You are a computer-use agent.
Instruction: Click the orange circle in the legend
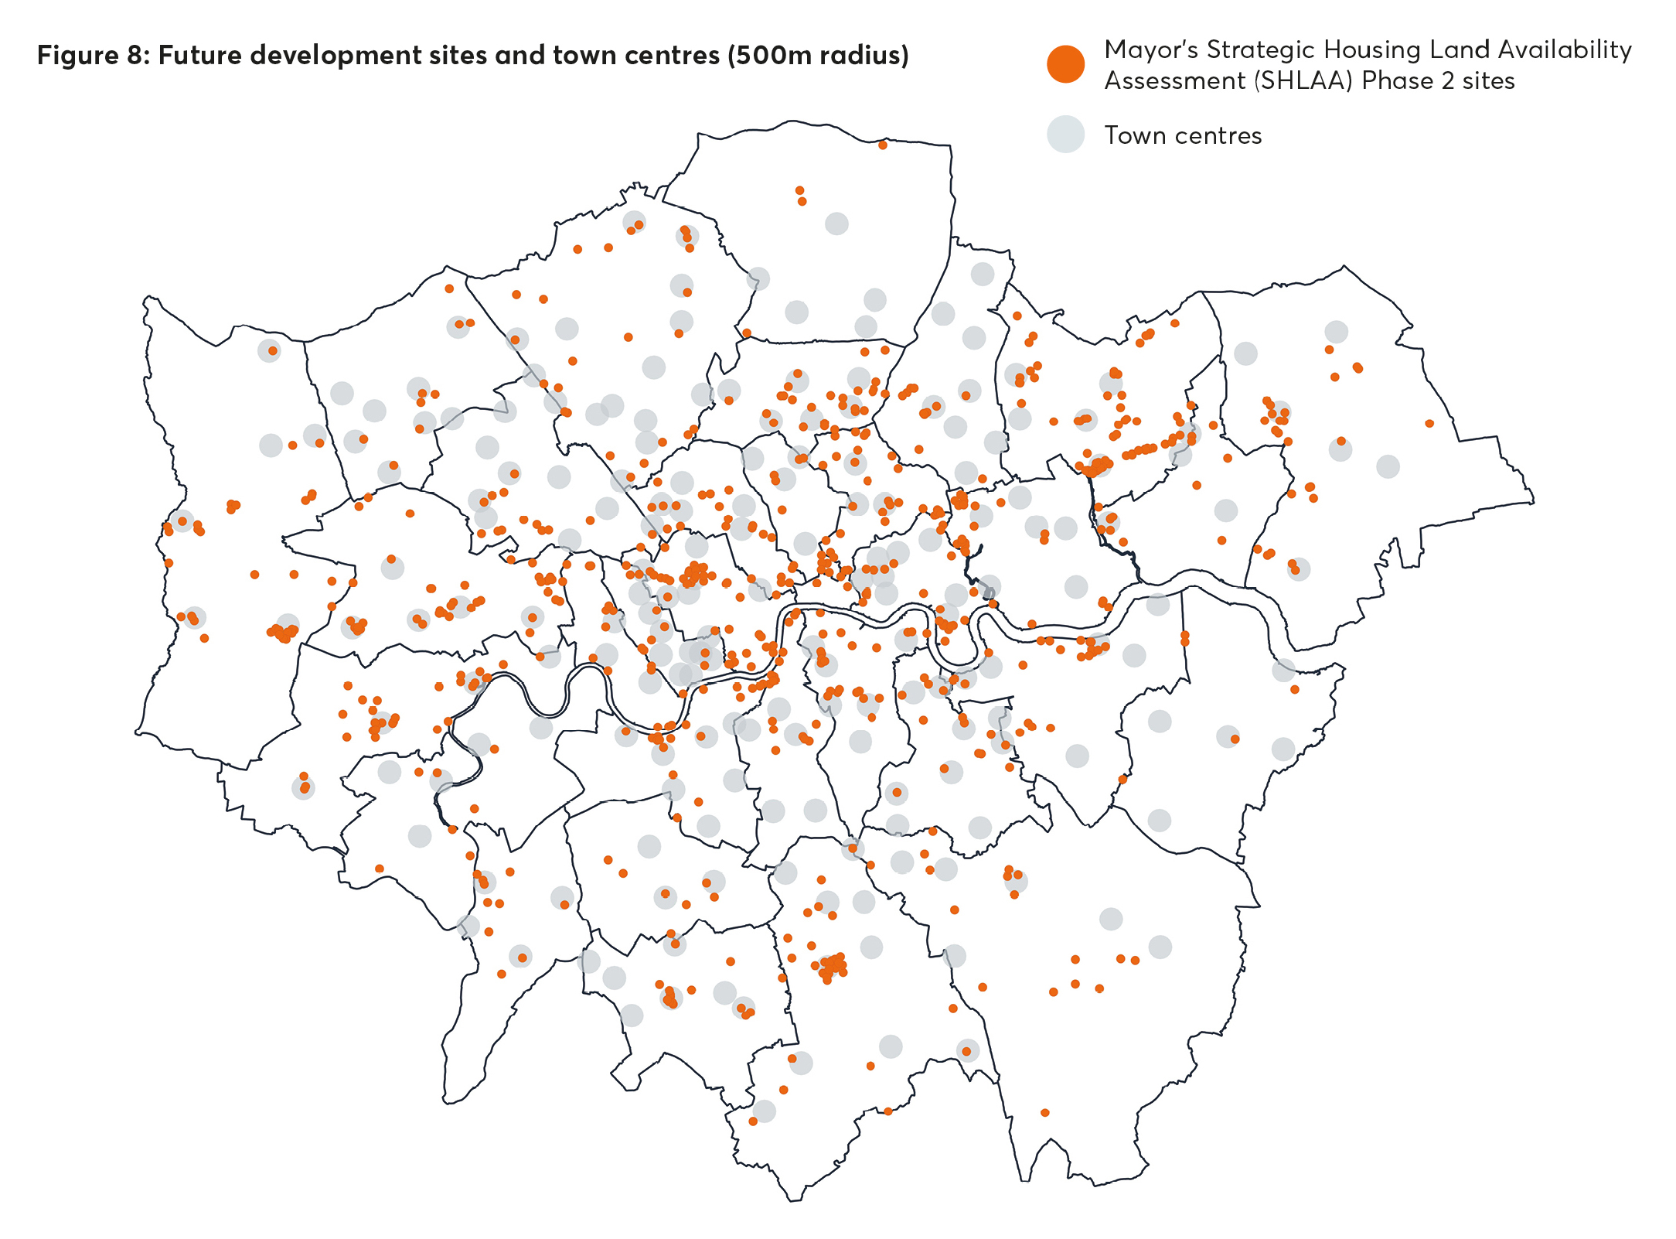click(1065, 64)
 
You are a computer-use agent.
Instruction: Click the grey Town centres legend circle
click(1065, 135)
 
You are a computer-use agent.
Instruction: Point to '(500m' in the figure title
click(769, 56)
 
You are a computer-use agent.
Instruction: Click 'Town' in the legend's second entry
click(1135, 135)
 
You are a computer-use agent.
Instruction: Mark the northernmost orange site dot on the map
click(882, 145)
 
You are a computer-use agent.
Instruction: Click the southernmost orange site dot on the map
click(753, 1121)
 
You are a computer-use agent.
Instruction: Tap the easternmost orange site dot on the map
click(1429, 423)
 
